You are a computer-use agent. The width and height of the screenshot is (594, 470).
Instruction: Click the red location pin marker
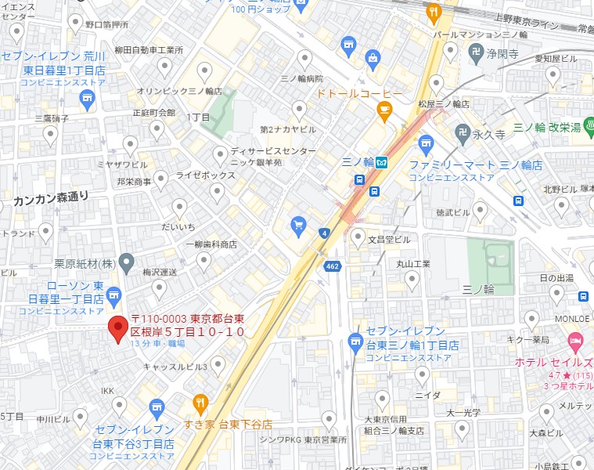118,329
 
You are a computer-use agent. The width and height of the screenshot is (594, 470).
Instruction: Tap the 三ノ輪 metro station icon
381,163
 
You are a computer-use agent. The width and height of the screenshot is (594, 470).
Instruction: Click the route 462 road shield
331,267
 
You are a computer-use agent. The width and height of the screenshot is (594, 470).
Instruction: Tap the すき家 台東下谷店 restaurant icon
200,404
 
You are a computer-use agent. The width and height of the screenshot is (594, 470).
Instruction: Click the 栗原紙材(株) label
81,262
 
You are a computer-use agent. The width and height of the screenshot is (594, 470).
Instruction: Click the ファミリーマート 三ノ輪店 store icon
426,143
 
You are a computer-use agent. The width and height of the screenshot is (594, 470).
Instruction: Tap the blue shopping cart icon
298,226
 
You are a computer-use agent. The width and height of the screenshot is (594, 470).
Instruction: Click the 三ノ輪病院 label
301,80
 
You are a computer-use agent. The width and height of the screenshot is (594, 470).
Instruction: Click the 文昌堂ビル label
391,239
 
